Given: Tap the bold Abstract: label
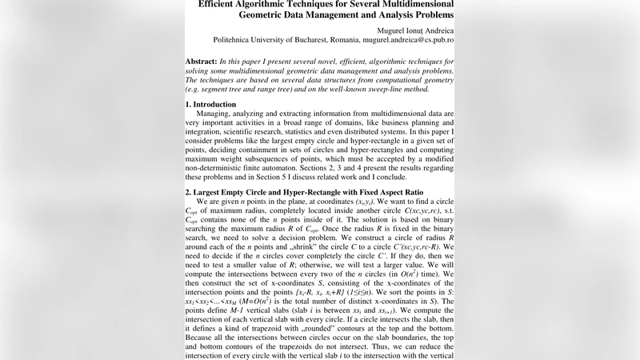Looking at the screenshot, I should click(200, 61).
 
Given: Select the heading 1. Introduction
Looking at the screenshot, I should click(216, 104).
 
